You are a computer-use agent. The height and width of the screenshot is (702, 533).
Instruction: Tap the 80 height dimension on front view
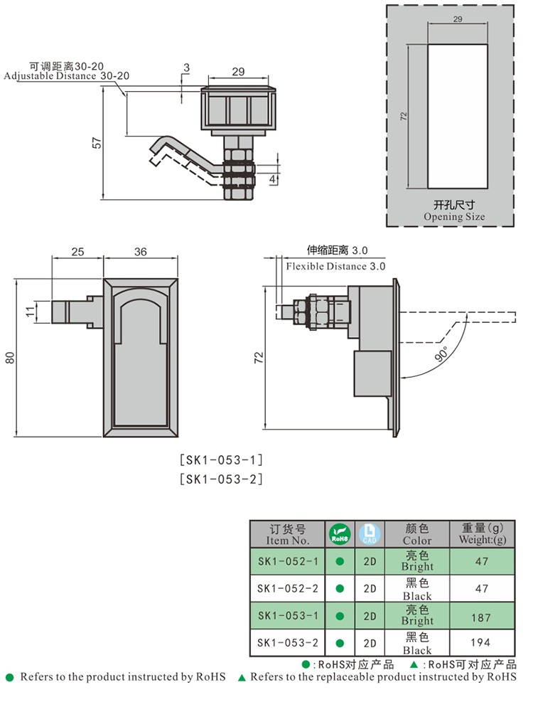click(x=9, y=356)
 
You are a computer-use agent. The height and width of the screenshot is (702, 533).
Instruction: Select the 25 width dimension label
click(x=77, y=252)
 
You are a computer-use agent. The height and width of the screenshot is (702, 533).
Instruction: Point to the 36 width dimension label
click(x=140, y=252)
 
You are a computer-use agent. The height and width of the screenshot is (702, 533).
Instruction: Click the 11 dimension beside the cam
click(x=30, y=311)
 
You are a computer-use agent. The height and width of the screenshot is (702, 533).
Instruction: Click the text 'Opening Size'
click(x=454, y=217)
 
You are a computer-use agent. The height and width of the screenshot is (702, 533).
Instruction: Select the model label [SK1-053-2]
click(x=221, y=479)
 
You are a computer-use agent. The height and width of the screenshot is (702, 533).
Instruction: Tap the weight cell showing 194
click(x=482, y=643)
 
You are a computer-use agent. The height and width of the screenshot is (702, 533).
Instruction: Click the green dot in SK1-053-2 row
click(x=340, y=643)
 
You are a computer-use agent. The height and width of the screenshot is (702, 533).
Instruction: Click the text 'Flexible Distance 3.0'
click(x=335, y=266)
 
